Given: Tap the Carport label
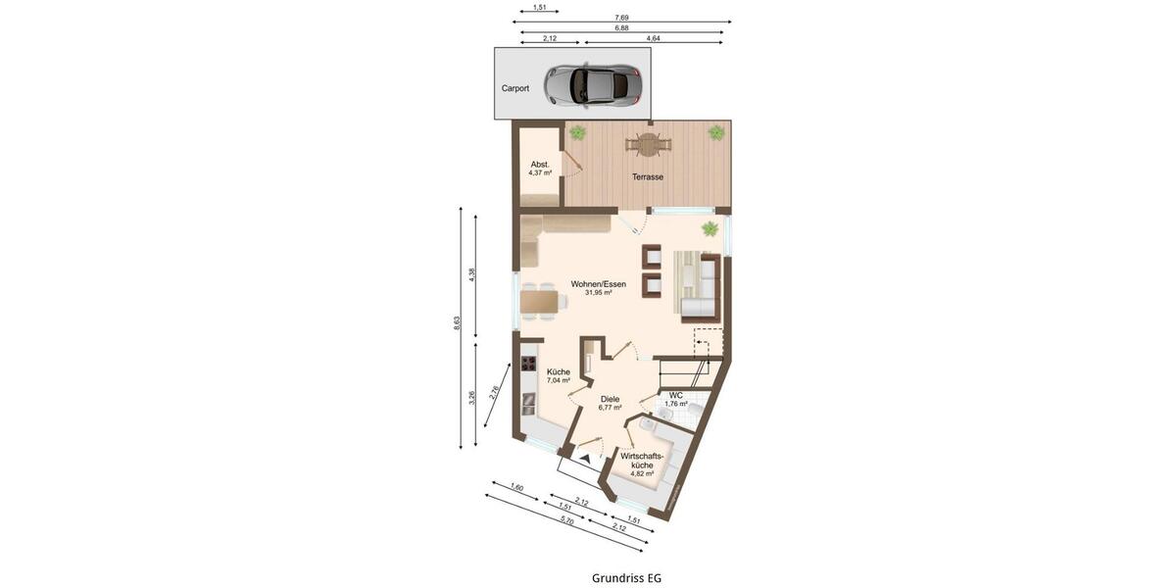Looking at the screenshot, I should point(515,88).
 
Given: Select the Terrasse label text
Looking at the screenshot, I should point(647,177).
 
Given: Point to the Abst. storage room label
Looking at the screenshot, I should point(540,165).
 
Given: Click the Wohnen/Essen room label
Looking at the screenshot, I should point(598,284).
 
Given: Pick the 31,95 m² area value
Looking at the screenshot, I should point(598,293).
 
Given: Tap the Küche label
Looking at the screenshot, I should point(559,372).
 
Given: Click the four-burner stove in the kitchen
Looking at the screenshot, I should point(529,365).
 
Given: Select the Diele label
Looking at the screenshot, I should point(610,399).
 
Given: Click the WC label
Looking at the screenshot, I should point(676,395).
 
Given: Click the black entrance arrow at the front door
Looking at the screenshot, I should point(585,455).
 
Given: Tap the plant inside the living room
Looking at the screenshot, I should point(709,229).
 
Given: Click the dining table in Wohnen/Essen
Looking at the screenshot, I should point(539,301).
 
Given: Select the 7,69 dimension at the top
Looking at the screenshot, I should point(621,17).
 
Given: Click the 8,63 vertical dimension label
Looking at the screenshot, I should point(457,324).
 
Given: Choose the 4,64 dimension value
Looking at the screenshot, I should point(653,38).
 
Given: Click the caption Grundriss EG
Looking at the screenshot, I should point(626,578).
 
